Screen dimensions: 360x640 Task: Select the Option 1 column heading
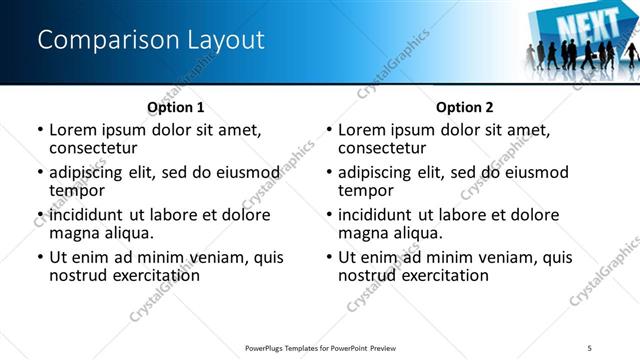coord(175,106)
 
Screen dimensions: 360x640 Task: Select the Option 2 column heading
coord(464,106)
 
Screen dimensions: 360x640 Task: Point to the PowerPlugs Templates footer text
coord(322,346)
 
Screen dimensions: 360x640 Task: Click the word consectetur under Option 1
coord(95,148)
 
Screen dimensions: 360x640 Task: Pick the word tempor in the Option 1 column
coord(76,190)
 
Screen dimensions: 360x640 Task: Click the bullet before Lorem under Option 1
coord(39,130)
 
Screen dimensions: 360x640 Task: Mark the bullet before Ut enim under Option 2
coord(329,257)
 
